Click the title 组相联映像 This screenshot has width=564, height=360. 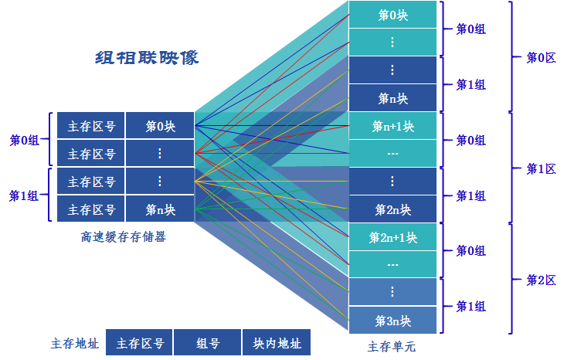pos(147,58)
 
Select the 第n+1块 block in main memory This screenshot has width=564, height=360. pos(392,126)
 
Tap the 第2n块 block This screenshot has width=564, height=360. pos(392,209)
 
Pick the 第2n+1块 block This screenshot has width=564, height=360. pos(392,237)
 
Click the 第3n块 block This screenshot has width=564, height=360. pos(392,321)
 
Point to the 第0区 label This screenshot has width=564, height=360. pos(541,57)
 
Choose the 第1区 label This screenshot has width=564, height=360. pos(541,168)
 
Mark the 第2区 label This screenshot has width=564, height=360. pos(541,280)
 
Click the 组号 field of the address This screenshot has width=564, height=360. pos(207,344)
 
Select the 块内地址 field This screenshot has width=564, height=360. pos(277,344)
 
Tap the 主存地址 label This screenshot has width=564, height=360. pos(74,344)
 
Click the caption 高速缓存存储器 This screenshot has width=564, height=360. pos(124,237)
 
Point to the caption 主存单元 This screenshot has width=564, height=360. pos(392,346)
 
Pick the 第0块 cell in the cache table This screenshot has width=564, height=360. pos(160,126)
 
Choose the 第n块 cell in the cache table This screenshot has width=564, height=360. pos(160,209)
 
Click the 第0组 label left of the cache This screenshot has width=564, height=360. pos(23,140)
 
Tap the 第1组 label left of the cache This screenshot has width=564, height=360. pos(23,195)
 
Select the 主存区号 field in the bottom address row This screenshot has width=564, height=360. pos(140,344)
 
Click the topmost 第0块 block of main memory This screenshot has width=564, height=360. pos(392,15)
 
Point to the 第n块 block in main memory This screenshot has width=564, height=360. pos(392,98)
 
